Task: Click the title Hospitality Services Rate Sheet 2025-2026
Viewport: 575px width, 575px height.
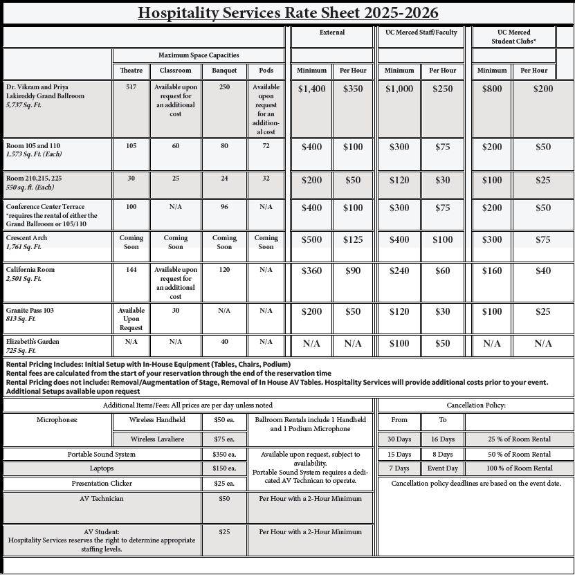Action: tap(287, 13)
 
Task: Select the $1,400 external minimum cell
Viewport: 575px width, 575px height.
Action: tap(311, 89)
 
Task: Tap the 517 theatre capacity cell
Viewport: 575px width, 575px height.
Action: tap(131, 87)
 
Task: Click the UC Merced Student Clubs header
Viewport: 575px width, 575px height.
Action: tap(513, 37)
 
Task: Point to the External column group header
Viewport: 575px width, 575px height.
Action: tap(331, 33)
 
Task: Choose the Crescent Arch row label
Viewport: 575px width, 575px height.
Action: tap(27, 238)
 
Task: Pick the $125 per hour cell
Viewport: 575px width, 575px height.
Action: tap(353, 239)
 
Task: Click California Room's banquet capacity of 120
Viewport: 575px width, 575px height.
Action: tap(224, 270)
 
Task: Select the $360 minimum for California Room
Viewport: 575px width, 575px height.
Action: tap(311, 271)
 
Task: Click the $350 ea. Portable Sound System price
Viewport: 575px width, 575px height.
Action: tap(223, 455)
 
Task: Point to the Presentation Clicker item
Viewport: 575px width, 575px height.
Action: tap(102, 483)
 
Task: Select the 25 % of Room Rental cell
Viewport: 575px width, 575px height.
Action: tap(518, 439)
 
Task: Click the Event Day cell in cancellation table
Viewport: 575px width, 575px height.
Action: tap(442, 468)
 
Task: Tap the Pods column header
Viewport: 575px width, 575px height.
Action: tap(266, 71)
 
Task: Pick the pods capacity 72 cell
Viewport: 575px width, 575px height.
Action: tap(266, 147)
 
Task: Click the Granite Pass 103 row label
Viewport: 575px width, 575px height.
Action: tap(30, 311)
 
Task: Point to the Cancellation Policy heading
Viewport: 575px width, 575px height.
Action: tap(476, 405)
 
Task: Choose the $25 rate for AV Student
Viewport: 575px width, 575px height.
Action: tap(223, 532)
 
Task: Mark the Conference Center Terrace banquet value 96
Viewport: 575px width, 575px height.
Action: tap(224, 206)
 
